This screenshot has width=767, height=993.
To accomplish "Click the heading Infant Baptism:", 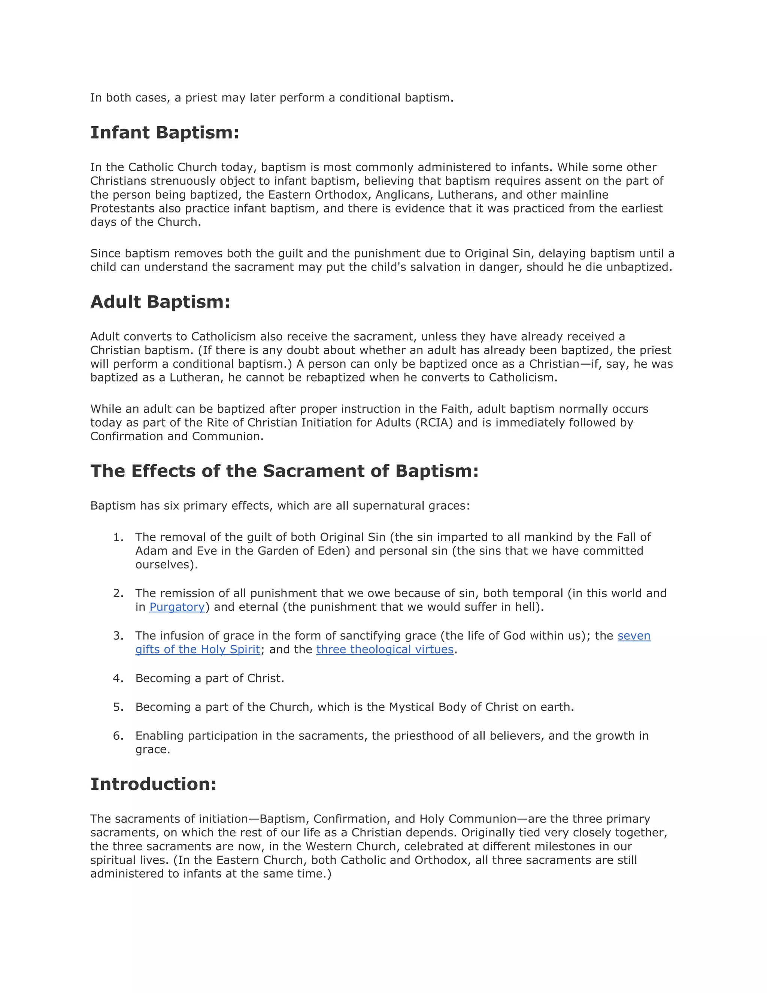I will (x=164, y=133).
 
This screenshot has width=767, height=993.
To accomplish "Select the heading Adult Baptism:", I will (x=160, y=302).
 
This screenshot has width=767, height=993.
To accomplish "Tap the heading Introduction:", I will (x=153, y=784).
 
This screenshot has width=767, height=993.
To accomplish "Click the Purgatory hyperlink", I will (x=177, y=607).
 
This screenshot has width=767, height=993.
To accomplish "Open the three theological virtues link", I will (x=385, y=649).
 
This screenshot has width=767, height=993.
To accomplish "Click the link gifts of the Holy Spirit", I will (x=197, y=649).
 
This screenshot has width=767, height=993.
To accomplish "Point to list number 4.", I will (x=118, y=678).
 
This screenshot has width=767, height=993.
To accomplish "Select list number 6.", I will (x=118, y=736).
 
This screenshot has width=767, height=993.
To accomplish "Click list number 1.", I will (x=118, y=537).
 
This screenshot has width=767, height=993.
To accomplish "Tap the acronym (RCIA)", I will (x=434, y=423).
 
